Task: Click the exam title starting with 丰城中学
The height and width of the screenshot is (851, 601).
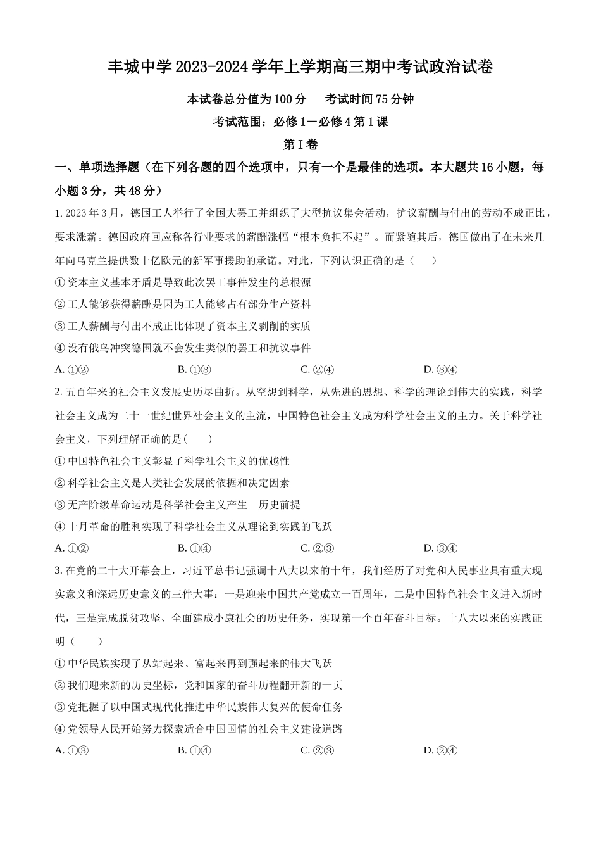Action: pos(300,67)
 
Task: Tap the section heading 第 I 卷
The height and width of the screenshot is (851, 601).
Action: pos(300,145)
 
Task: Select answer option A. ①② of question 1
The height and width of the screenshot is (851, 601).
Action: pos(71,370)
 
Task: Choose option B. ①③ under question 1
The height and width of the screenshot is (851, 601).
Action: pos(194,370)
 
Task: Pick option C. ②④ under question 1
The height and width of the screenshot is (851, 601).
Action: pos(317,370)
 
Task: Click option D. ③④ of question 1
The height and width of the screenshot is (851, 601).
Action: pos(440,370)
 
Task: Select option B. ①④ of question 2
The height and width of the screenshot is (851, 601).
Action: pos(194,548)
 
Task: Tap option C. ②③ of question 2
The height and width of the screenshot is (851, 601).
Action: pos(317,548)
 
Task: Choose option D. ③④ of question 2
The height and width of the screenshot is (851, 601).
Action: pos(440,548)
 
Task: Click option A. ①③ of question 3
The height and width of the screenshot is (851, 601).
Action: pos(71,751)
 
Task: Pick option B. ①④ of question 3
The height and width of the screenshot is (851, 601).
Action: pos(194,751)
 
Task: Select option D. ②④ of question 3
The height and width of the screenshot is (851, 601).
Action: pos(440,751)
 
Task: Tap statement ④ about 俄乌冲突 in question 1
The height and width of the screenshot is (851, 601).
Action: pos(183,348)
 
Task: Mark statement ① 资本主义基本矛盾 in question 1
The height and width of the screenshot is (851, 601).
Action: pos(183,282)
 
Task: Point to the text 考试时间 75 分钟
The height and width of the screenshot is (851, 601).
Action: pos(369,99)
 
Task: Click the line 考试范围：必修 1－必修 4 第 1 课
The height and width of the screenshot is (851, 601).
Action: pos(300,122)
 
